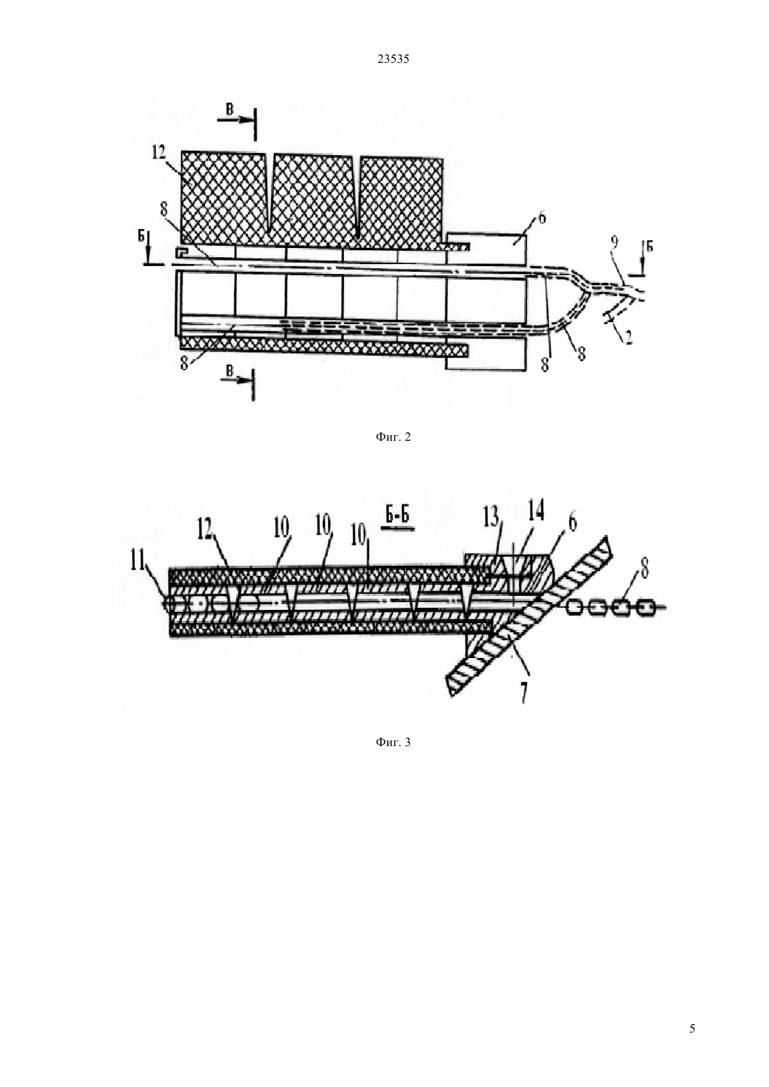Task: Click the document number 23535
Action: [393, 59]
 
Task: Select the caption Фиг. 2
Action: [393, 437]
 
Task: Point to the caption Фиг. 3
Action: [393, 742]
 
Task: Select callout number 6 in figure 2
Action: [542, 217]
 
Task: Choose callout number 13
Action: [491, 519]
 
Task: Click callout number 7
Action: [524, 695]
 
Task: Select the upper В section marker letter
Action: [229, 110]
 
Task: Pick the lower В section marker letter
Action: [229, 371]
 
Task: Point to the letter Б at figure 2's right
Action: [649, 247]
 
